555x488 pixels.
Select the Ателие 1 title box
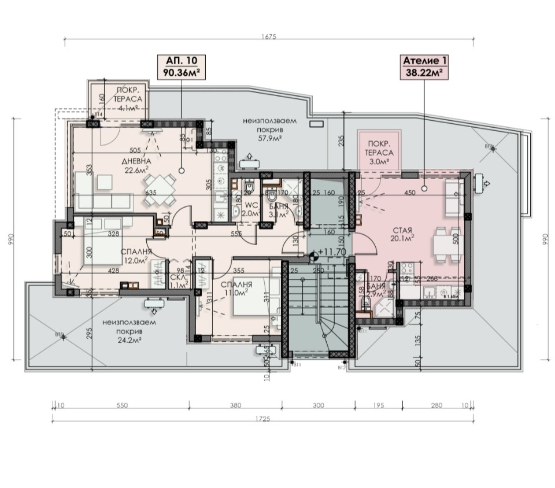click(424, 66)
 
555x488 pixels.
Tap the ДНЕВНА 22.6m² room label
click(136, 165)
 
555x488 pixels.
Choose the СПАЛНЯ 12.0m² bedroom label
click(136, 256)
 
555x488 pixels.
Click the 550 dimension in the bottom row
click(121, 406)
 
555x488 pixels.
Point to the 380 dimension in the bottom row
click(235, 406)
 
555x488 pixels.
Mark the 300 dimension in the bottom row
click(318, 406)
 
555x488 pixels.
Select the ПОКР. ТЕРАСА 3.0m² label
click(380, 152)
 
